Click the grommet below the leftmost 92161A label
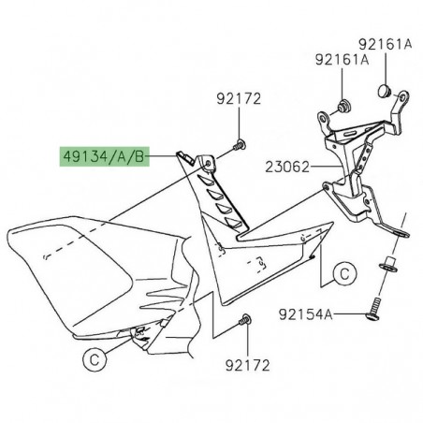click(x=343, y=102)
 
